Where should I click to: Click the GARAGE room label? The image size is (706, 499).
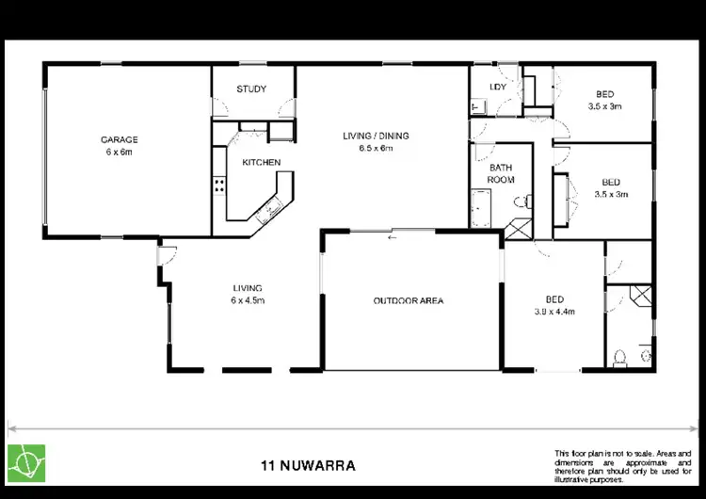tap(120, 139)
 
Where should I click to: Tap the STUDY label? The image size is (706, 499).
tap(251, 89)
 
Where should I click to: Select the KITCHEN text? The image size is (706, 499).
tap(261, 163)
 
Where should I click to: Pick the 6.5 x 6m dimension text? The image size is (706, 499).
tap(376, 149)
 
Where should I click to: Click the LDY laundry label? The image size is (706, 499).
tap(499, 89)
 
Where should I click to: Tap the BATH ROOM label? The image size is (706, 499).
tap(500, 172)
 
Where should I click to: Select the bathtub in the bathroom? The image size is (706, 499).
tap(479, 206)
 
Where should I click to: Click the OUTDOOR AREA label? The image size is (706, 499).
tap(409, 301)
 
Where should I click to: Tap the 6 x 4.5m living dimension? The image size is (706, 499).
tap(248, 300)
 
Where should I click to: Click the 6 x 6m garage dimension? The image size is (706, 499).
tap(120, 152)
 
